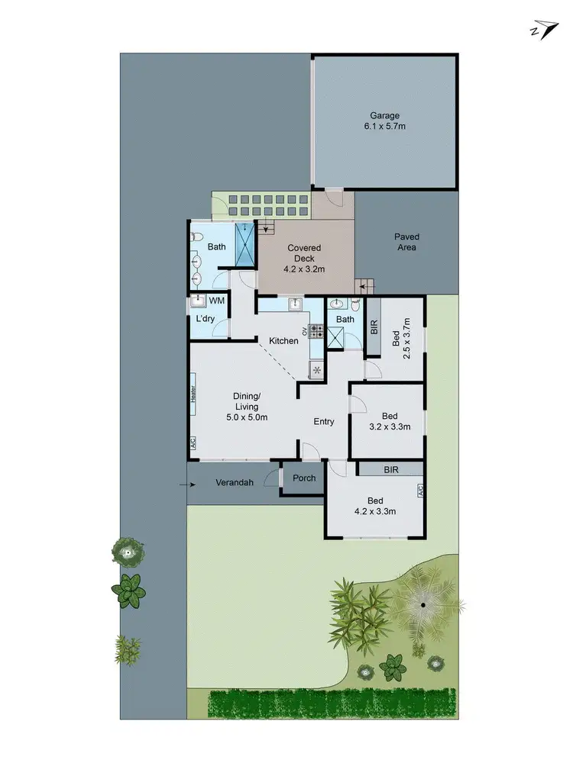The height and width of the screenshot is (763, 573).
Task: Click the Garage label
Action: pyautogui.click(x=386, y=121)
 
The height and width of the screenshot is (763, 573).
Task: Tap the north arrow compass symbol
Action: pyautogui.click(x=543, y=29)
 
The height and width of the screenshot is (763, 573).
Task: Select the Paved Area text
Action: pyautogui.click(x=406, y=242)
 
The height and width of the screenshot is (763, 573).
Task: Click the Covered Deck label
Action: pyautogui.click(x=304, y=258)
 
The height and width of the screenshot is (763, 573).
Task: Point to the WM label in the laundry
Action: pyautogui.click(x=217, y=301)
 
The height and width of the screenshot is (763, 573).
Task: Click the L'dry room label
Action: pyautogui.click(x=204, y=319)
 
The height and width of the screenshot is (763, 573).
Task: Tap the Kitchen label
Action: pyautogui.click(x=283, y=340)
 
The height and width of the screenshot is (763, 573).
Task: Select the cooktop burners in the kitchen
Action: pyautogui.click(x=316, y=332)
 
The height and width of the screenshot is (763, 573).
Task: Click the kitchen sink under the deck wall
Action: pyautogui.click(x=293, y=304)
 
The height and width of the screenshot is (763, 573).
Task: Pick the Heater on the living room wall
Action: pyautogui.click(x=194, y=394)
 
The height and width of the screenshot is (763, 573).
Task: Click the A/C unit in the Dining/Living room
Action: pyautogui.click(x=193, y=443)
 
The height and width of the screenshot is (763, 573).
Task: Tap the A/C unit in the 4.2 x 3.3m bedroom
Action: pyautogui.click(x=419, y=490)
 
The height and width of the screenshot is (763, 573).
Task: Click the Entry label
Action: pyautogui.click(x=324, y=421)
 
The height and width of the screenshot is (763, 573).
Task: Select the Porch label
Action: pyautogui.click(x=304, y=479)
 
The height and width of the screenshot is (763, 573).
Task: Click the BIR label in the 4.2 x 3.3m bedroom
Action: pyautogui.click(x=390, y=469)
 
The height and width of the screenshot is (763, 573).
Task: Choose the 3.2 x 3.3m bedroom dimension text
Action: pyautogui.click(x=390, y=427)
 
